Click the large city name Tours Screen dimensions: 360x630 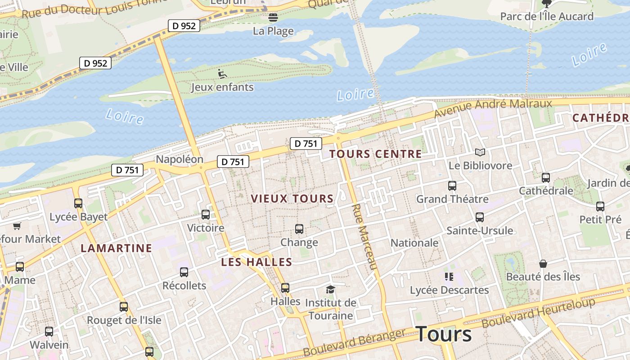click(x=444, y=334)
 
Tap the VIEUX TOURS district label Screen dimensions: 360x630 click(x=292, y=198)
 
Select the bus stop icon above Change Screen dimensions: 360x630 click(x=299, y=229)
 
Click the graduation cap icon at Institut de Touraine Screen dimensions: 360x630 click(x=331, y=289)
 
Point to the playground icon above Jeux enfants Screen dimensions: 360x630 click(x=222, y=73)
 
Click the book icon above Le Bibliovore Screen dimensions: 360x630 click(x=480, y=153)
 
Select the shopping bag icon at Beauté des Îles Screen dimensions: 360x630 click(x=543, y=264)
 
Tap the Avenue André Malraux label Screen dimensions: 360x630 click(x=493, y=108)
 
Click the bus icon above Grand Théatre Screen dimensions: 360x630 click(x=452, y=185)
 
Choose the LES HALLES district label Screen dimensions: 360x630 click(x=256, y=262)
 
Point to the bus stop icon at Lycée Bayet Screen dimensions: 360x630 click(x=78, y=203)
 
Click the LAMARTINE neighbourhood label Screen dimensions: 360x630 click(x=116, y=248)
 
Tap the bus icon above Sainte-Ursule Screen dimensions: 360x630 click(x=480, y=217)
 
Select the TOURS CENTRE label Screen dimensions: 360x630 click(x=375, y=154)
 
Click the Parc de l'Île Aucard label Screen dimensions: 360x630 click(x=547, y=17)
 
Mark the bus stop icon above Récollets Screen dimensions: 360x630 click(x=184, y=272)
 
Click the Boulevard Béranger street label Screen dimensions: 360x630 click(x=354, y=343)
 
